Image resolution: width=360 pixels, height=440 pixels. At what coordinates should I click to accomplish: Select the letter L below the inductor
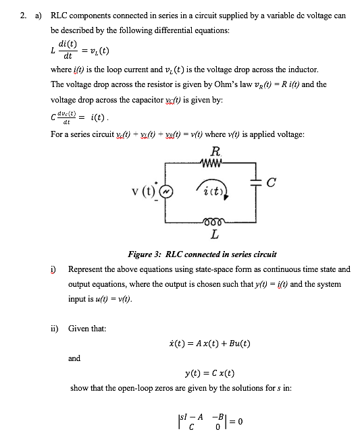pos(214,236)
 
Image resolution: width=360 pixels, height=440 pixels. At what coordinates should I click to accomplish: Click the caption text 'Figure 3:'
pos(144,254)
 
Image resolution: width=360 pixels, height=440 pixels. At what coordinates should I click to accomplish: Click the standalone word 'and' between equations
pos(75,358)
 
